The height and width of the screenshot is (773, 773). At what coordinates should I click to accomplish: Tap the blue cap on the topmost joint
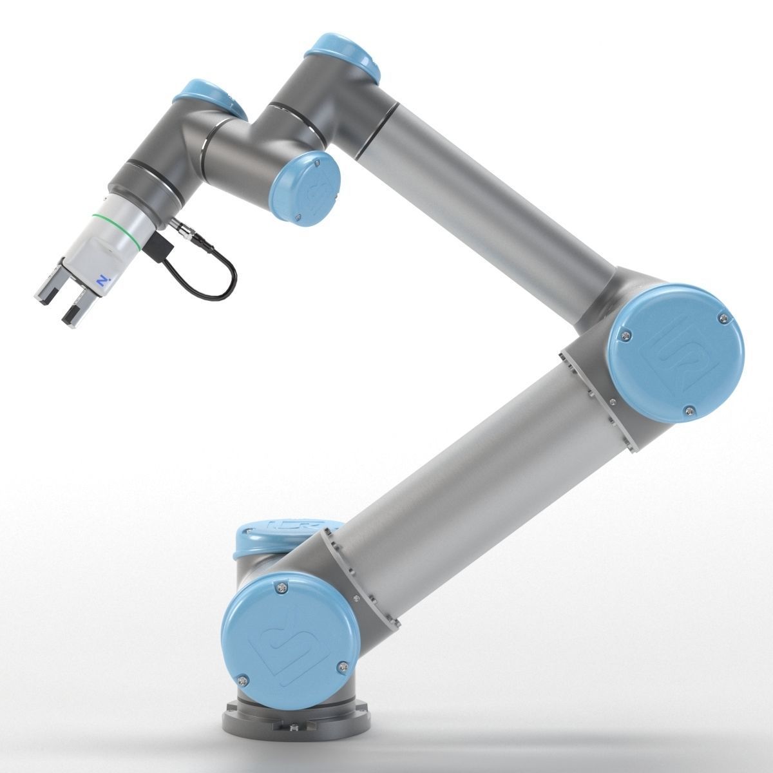coord(342,59)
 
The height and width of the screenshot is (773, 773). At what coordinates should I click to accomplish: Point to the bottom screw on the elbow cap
coord(689,407)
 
